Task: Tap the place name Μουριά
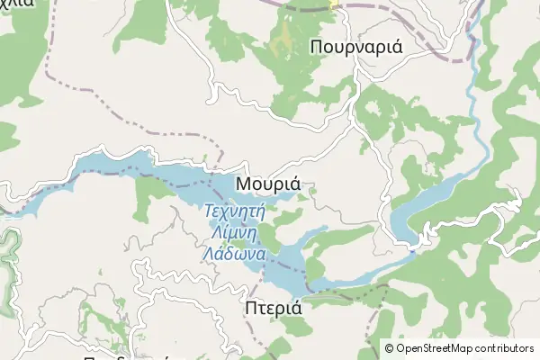(x=267, y=183)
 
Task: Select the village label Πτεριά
(x=273, y=308)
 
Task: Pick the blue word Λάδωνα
(x=233, y=253)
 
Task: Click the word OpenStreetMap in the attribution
(x=436, y=347)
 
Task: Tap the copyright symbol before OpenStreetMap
(x=389, y=347)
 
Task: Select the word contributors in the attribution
(x=506, y=347)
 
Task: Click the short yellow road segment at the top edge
(x=335, y=4)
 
